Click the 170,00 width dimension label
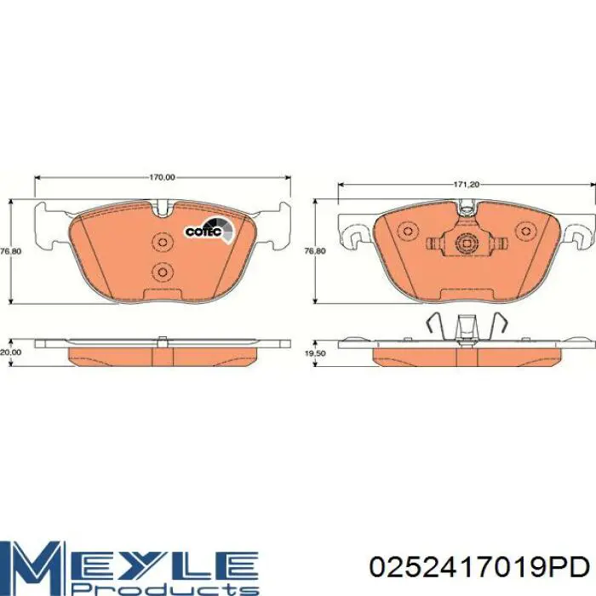point(162,177)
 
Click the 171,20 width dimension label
point(466,185)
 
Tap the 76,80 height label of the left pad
point(10,251)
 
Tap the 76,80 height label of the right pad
point(315,251)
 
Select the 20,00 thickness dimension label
point(10,352)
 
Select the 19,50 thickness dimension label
point(315,353)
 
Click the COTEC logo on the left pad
point(209,230)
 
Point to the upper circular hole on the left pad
point(163,242)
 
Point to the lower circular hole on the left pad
point(163,272)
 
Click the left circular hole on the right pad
point(408,231)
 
